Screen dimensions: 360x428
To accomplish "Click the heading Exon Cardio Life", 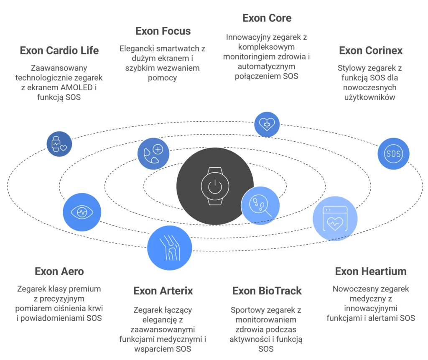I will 59,51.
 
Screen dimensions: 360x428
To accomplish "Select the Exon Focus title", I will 163,31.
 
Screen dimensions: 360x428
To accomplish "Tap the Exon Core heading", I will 267,18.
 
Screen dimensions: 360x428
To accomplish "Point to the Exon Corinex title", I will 371,51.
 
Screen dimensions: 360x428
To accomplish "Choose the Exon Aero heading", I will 59,271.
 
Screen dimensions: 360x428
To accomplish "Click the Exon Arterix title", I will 163,291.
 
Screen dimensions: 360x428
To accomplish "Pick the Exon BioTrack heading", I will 267,291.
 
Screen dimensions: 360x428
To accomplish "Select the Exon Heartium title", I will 371,271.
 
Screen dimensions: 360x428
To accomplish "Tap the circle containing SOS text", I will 393,153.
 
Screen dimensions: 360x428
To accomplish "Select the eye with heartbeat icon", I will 82,212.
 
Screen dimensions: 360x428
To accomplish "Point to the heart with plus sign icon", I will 267,124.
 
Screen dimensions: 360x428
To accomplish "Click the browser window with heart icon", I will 335,219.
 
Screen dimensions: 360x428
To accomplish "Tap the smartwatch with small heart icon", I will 59,144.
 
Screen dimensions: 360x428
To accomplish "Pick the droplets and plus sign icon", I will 153,153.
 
